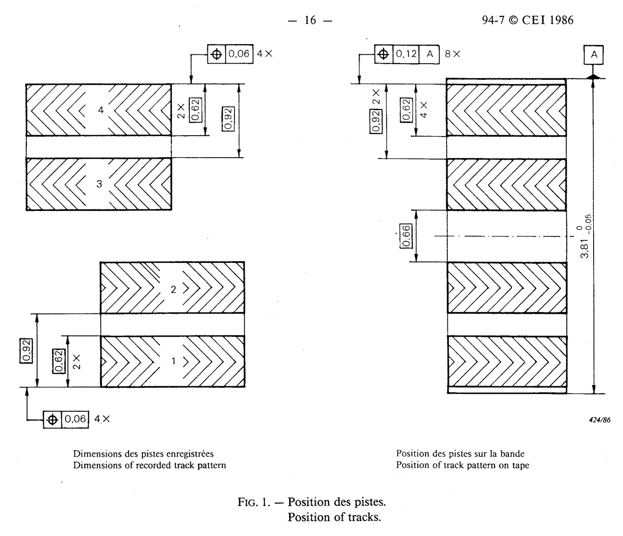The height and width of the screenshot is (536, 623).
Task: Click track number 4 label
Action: tap(101, 111)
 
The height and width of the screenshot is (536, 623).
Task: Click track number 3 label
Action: tap(99, 184)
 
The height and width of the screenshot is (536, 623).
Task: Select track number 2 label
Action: tap(173, 289)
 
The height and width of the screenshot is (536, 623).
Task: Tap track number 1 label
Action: tap(173, 361)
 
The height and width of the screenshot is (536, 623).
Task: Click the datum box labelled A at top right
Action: tap(594, 55)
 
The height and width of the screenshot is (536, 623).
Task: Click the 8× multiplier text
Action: tap(452, 54)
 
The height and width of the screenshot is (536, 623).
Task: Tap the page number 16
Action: tap(310, 20)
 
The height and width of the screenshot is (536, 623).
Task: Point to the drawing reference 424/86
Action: tap(600, 419)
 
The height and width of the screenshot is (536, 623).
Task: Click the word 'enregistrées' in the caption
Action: tap(187, 454)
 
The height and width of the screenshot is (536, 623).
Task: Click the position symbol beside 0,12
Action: tap(384, 54)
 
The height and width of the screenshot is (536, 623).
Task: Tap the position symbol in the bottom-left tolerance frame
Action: tap(52, 419)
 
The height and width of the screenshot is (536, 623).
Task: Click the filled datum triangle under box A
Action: tap(593, 76)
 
